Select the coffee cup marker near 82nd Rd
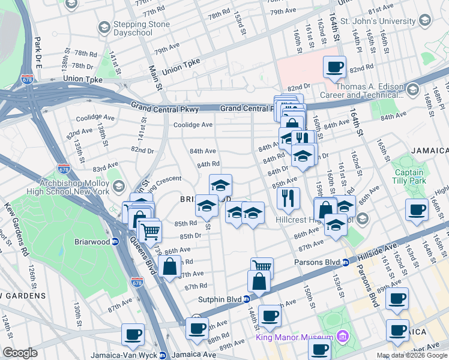pyautogui.click(x=334, y=67)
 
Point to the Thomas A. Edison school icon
pyautogui.click(x=412, y=90)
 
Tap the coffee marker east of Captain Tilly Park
pyautogui.click(x=417, y=209)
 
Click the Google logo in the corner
pyautogui.click(x=20, y=353)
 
